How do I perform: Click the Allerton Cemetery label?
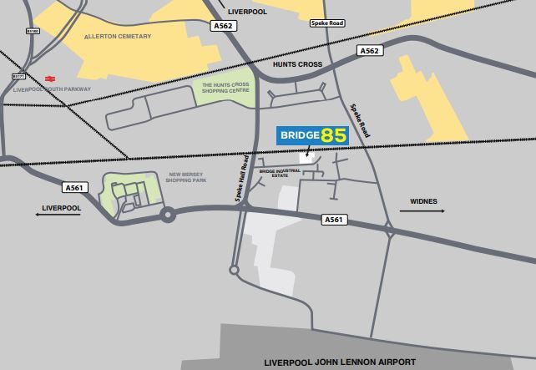pyautogui.click(x=118, y=37)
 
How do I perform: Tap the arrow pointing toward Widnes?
pyautogui.click(x=422, y=211)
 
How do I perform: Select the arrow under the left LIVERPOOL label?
pyautogui.click(x=58, y=215)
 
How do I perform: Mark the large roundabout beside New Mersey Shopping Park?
pyautogui.click(x=168, y=215)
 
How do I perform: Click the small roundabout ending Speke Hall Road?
pyautogui.click(x=234, y=270)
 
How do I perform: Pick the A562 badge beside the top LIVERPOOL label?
pyautogui.click(x=223, y=26)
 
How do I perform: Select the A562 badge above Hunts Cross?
pyautogui.click(x=369, y=51)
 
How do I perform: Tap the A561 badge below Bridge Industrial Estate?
pyautogui.click(x=334, y=220)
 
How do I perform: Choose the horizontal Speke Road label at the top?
pyautogui.click(x=326, y=23)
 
